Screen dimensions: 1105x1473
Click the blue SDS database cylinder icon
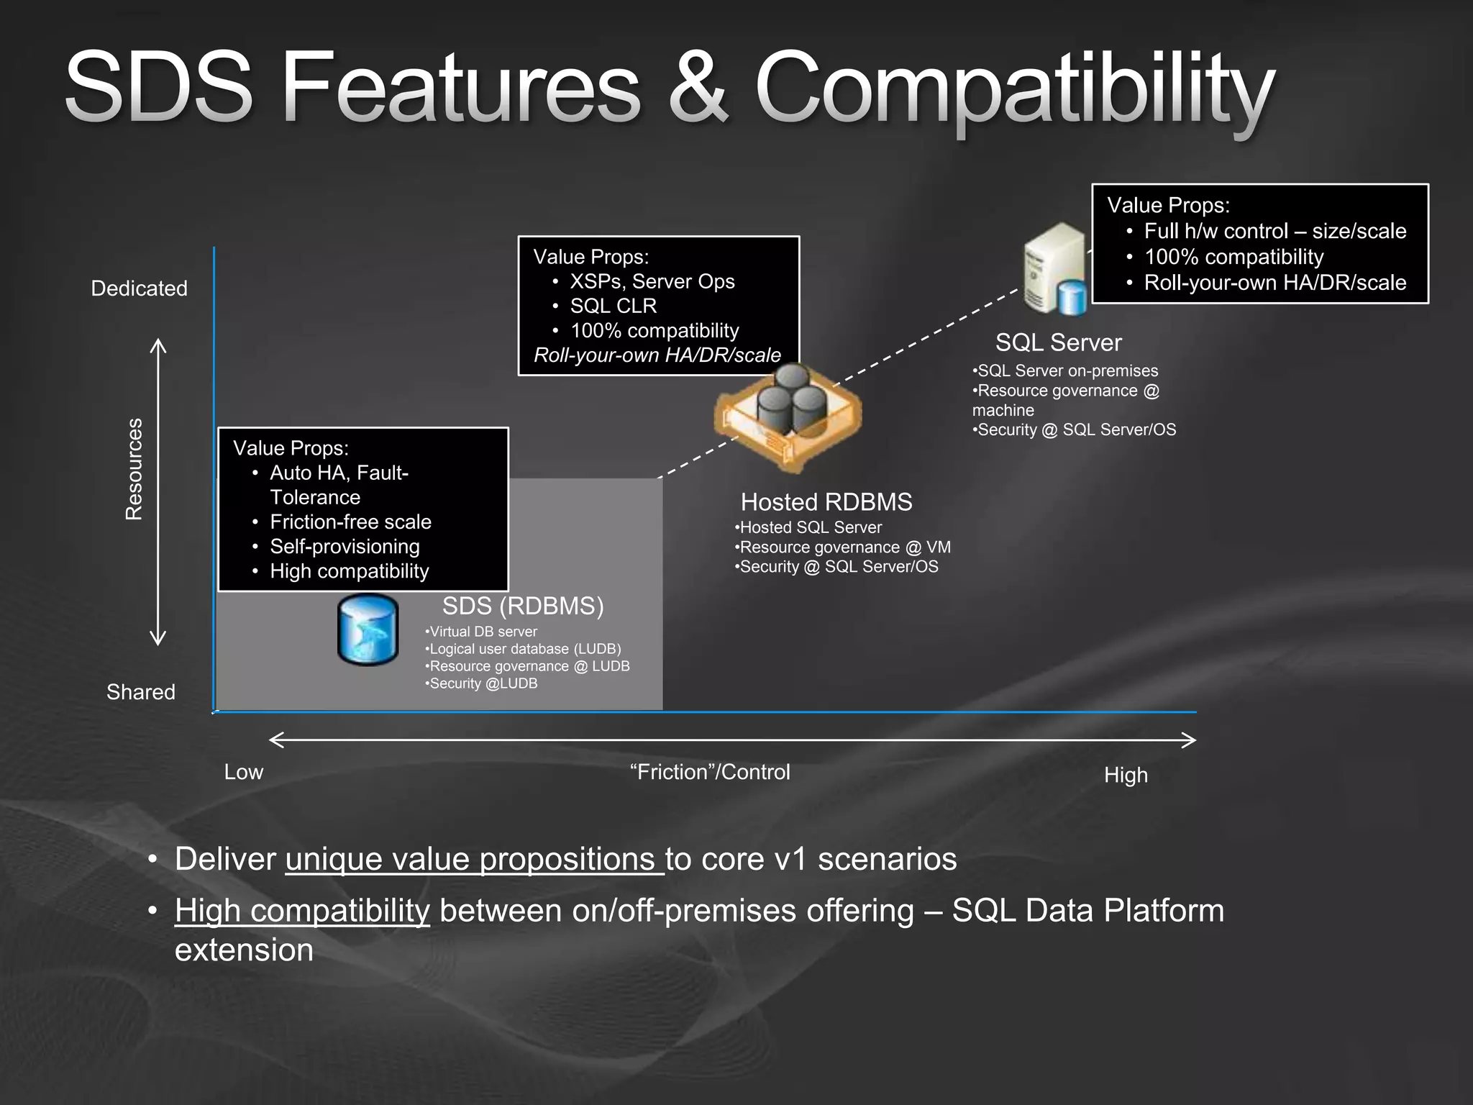(x=368, y=629)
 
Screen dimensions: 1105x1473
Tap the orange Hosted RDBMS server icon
(x=788, y=417)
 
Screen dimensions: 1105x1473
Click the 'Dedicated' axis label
(x=139, y=288)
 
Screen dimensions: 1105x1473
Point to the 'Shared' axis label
(x=141, y=692)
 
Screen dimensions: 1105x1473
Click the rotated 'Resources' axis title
(x=134, y=469)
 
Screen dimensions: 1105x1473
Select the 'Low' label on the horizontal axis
(x=244, y=772)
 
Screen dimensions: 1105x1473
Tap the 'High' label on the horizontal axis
(x=1126, y=776)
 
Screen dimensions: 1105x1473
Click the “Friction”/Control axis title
(x=710, y=772)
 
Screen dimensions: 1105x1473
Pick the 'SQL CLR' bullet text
(x=613, y=306)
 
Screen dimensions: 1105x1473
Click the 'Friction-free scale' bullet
(x=350, y=522)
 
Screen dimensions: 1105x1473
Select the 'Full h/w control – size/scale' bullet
(x=1274, y=231)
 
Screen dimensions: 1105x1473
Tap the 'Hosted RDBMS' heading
(x=826, y=502)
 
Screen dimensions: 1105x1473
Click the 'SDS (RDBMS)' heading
(x=523, y=606)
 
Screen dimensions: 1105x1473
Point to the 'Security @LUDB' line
(x=481, y=683)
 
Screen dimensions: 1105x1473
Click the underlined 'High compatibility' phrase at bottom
(x=302, y=911)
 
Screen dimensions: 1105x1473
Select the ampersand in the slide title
(x=698, y=90)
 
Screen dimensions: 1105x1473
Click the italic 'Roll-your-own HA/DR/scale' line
(x=657, y=355)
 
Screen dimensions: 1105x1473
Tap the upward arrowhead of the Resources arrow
(x=158, y=345)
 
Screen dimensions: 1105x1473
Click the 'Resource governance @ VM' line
(x=843, y=547)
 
